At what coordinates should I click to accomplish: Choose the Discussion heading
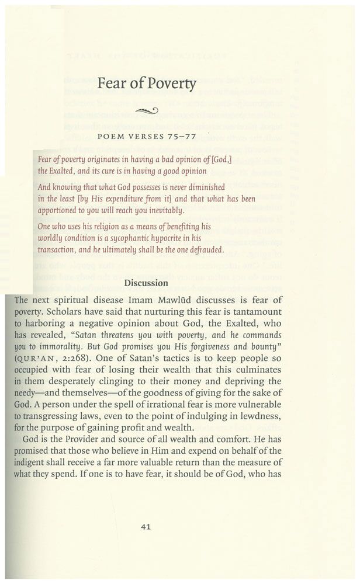tap(146, 283)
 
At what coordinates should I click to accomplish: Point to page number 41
tap(147, 526)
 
